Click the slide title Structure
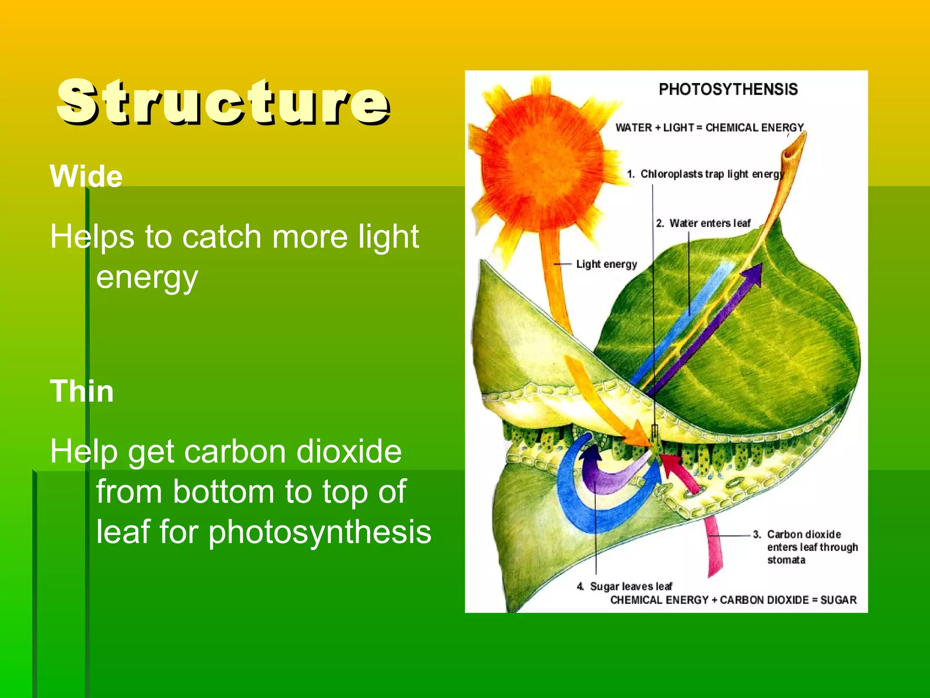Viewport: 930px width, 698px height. point(223,102)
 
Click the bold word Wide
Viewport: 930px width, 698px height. point(86,176)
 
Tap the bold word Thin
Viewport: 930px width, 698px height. point(82,391)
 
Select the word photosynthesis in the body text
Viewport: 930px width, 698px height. point(320,532)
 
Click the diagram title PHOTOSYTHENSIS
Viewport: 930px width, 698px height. point(728,89)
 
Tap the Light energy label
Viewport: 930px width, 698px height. point(606,264)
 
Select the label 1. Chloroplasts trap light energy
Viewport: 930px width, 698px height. point(706,174)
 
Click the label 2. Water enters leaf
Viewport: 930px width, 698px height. point(703,223)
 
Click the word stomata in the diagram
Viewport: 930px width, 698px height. point(786,560)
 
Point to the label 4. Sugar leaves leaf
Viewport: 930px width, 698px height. point(624,586)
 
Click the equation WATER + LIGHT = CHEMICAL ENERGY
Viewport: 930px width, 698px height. point(709,128)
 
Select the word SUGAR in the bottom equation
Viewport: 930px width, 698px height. point(838,600)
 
